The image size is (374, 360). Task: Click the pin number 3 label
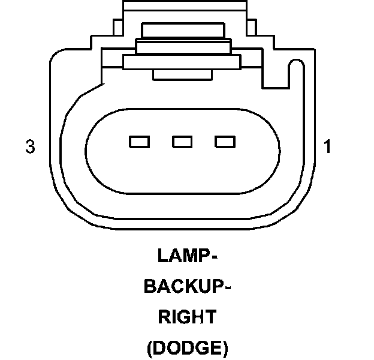point(30,146)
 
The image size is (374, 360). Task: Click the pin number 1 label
point(327,146)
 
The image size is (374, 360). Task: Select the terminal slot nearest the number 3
point(138,142)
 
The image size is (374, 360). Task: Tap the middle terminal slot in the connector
point(182,142)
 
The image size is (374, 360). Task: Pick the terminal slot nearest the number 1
point(225,142)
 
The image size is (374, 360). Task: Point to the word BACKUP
point(182,287)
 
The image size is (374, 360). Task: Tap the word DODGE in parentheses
point(187,347)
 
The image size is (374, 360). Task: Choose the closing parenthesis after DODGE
point(225,348)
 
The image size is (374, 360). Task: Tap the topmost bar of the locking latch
point(182,30)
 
